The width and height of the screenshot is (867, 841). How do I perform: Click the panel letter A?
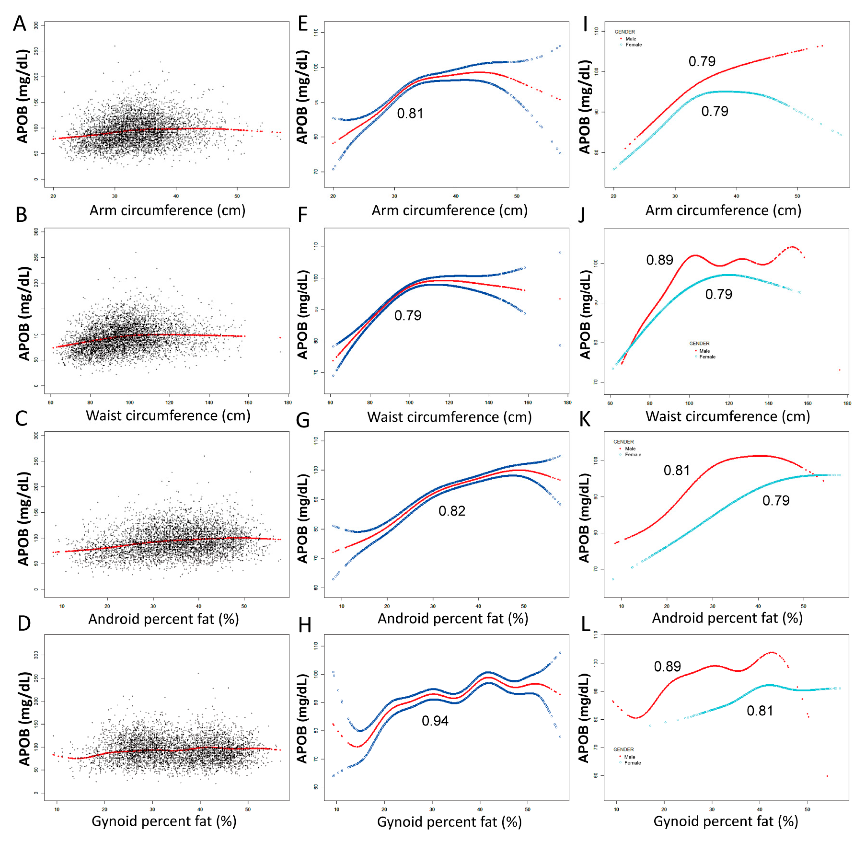[x=19, y=23]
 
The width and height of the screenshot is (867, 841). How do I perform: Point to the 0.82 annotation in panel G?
[x=452, y=511]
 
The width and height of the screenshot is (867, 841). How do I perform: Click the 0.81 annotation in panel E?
[x=410, y=114]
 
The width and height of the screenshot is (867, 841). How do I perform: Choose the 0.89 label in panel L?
[x=667, y=666]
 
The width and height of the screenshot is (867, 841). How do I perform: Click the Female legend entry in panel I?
[x=633, y=45]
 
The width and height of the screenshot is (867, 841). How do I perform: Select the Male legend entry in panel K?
[x=630, y=448]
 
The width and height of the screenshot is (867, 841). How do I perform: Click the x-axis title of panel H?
[x=449, y=822]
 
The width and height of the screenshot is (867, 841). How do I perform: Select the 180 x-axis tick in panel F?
[x=567, y=402]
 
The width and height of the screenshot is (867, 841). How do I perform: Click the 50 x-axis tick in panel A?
[x=237, y=196]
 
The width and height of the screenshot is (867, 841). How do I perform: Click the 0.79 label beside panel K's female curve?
[x=776, y=501]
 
